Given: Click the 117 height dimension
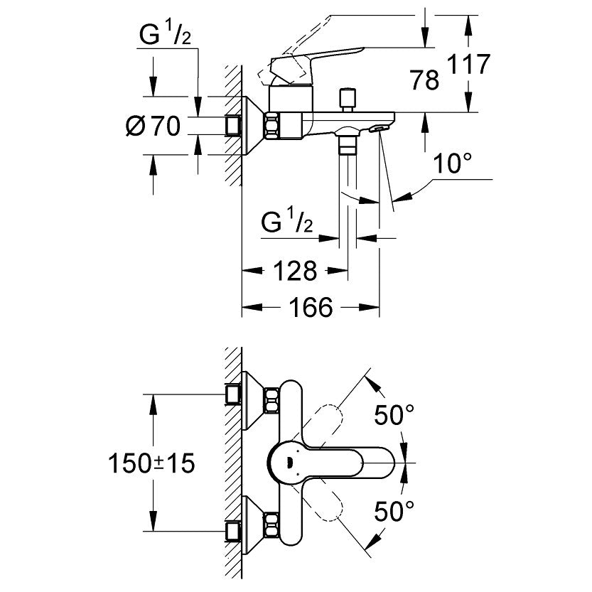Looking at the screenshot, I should tap(469, 65).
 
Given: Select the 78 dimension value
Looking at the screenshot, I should tap(424, 80).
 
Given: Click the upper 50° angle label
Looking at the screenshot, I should tap(394, 415).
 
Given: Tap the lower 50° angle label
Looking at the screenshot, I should tap(394, 510).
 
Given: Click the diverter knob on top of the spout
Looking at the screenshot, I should tap(348, 99).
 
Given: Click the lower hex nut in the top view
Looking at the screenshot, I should tap(272, 525).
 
